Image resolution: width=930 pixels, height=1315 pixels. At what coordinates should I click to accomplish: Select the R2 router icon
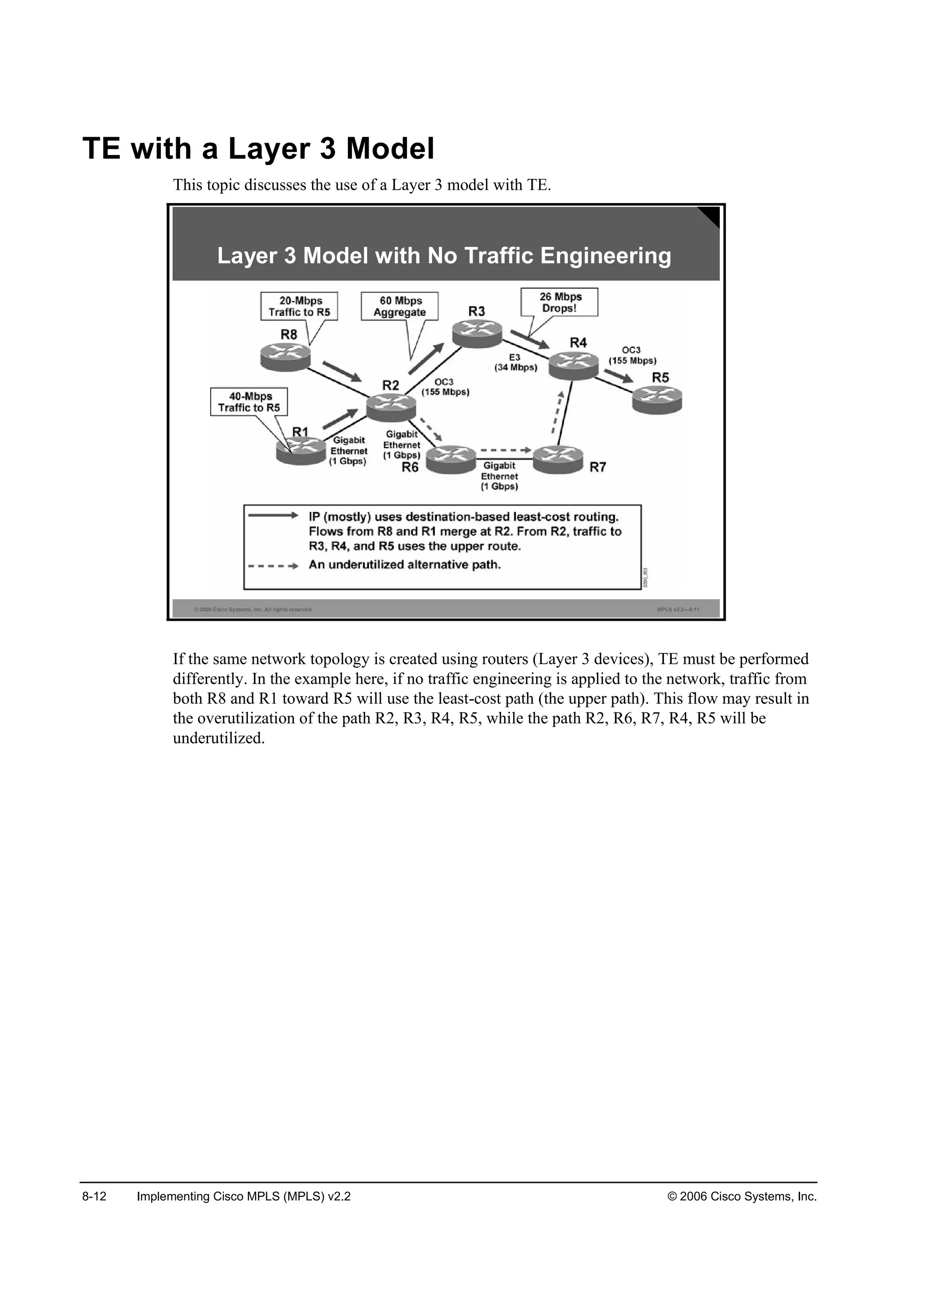coord(391,407)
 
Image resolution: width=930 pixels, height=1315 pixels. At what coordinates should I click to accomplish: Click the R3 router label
coord(476,311)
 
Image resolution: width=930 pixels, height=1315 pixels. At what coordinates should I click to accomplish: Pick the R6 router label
coord(410,467)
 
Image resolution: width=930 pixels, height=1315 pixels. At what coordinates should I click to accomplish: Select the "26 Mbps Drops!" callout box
coord(559,302)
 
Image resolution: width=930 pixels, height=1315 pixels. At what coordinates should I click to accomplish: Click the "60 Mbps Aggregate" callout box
coord(400,307)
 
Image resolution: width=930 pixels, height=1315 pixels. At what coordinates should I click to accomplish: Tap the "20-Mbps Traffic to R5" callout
coord(299,307)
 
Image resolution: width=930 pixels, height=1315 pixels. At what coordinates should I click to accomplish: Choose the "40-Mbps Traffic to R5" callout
coord(249,402)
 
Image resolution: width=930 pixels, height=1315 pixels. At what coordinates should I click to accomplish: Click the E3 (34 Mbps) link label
coord(515,362)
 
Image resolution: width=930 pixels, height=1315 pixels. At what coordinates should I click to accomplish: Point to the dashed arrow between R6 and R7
coord(506,450)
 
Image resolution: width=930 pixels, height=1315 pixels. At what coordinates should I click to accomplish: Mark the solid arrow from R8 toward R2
coord(342,371)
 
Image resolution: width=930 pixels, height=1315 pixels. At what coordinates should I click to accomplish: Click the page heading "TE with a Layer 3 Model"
coord(258,148)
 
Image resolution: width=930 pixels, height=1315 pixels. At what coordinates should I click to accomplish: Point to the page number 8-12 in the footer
coord(94,1196)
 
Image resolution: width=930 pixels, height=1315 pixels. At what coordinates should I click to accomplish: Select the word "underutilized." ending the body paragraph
coord(219,738)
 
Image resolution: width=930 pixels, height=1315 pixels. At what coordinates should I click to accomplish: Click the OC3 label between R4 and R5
coord(632,355)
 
